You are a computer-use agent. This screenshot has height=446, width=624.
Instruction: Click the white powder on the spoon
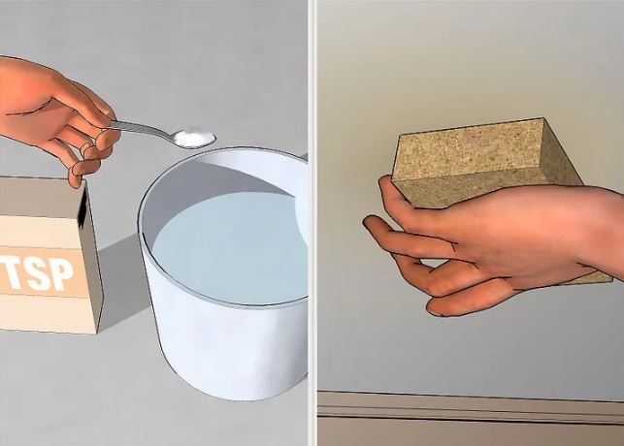[195, 137]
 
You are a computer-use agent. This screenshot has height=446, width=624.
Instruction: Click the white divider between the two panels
[312, 223]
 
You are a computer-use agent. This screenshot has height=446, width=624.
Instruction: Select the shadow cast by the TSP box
[119, 278]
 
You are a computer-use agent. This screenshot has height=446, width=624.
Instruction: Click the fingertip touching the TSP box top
[78, 176]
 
